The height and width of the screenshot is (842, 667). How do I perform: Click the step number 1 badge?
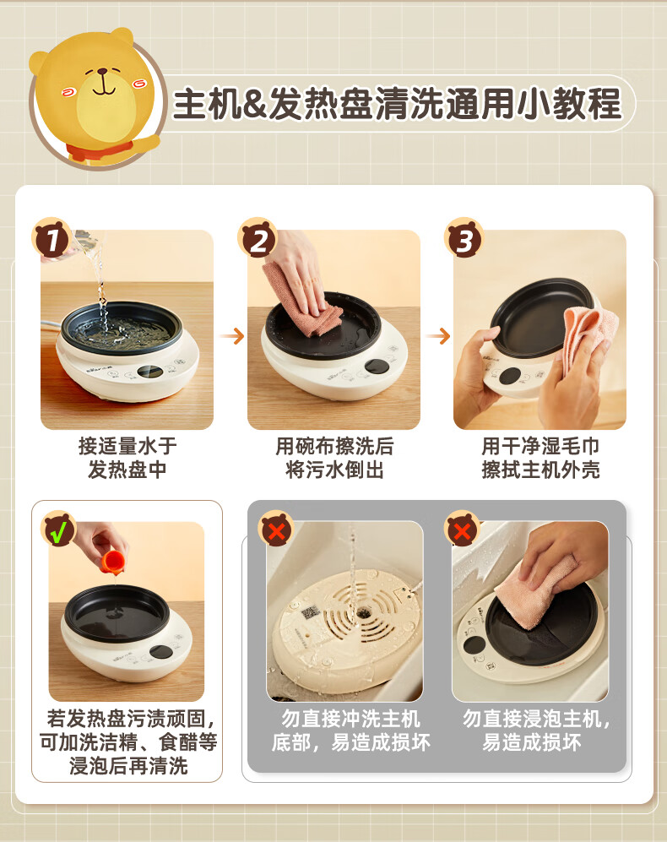point(52,238)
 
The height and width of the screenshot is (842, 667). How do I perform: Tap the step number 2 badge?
point(258,238)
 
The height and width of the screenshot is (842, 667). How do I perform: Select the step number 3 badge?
point(464,238)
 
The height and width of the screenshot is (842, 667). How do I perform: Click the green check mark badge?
point(59,530)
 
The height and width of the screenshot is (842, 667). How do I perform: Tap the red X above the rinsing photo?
point(276,530)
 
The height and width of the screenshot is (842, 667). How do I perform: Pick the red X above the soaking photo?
point(462,530)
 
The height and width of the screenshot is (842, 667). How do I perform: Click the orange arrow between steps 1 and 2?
point(231,337)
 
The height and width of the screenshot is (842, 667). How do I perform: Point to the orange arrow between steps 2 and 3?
point(437,337)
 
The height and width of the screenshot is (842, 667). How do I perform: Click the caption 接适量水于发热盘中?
point(127,458)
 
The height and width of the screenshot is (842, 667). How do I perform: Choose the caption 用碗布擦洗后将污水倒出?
point(334,458)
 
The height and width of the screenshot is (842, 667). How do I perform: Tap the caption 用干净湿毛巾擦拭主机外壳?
point(540,458)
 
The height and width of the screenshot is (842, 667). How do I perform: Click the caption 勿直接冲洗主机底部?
point(350,731)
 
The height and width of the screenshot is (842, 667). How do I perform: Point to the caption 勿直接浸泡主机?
point(536,719)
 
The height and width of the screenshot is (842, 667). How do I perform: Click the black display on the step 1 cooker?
point(151,372)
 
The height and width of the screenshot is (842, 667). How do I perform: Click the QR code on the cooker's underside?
point(309,612)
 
